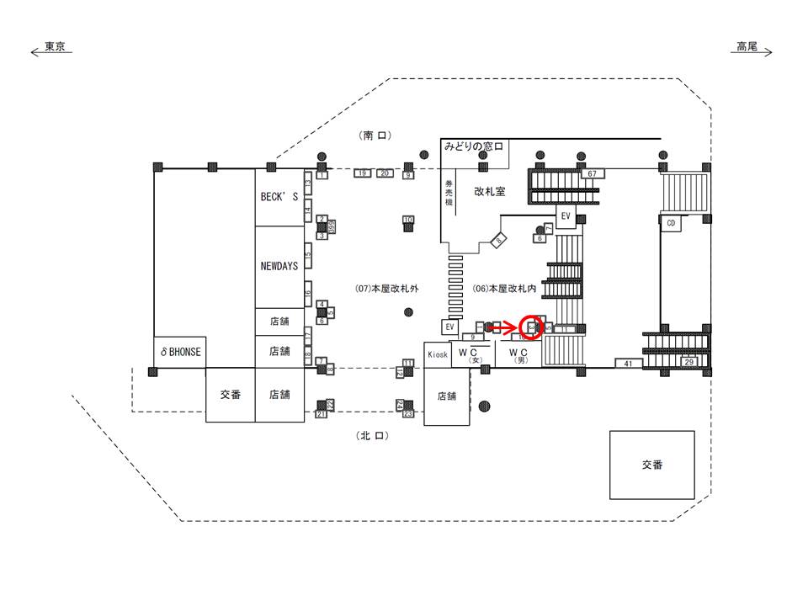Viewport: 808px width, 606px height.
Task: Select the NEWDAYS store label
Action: (x=279, y=265)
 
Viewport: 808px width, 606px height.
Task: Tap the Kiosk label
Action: (x=437, y=353)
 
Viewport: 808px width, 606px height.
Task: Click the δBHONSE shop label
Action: (x=180, y=352)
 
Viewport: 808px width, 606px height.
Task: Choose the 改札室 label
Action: (x=489, y=192)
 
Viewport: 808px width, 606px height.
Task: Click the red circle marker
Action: (x=532, y=326)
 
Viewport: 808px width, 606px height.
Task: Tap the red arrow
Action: (x=505, y=326)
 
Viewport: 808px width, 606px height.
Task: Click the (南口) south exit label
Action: (x=375, y=136)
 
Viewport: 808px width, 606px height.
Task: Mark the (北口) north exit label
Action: (x=371, y=436)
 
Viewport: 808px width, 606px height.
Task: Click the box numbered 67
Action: (x=593, y=173)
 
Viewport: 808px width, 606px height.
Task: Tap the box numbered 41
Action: (x=628, y=363)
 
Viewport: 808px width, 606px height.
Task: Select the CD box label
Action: (x=671, y=223)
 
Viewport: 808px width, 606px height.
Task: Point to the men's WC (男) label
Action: (x=518, y=354)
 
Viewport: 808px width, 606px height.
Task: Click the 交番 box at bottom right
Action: (x=652, y=464)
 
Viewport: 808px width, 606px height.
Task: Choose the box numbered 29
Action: (x=690, y=362)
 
